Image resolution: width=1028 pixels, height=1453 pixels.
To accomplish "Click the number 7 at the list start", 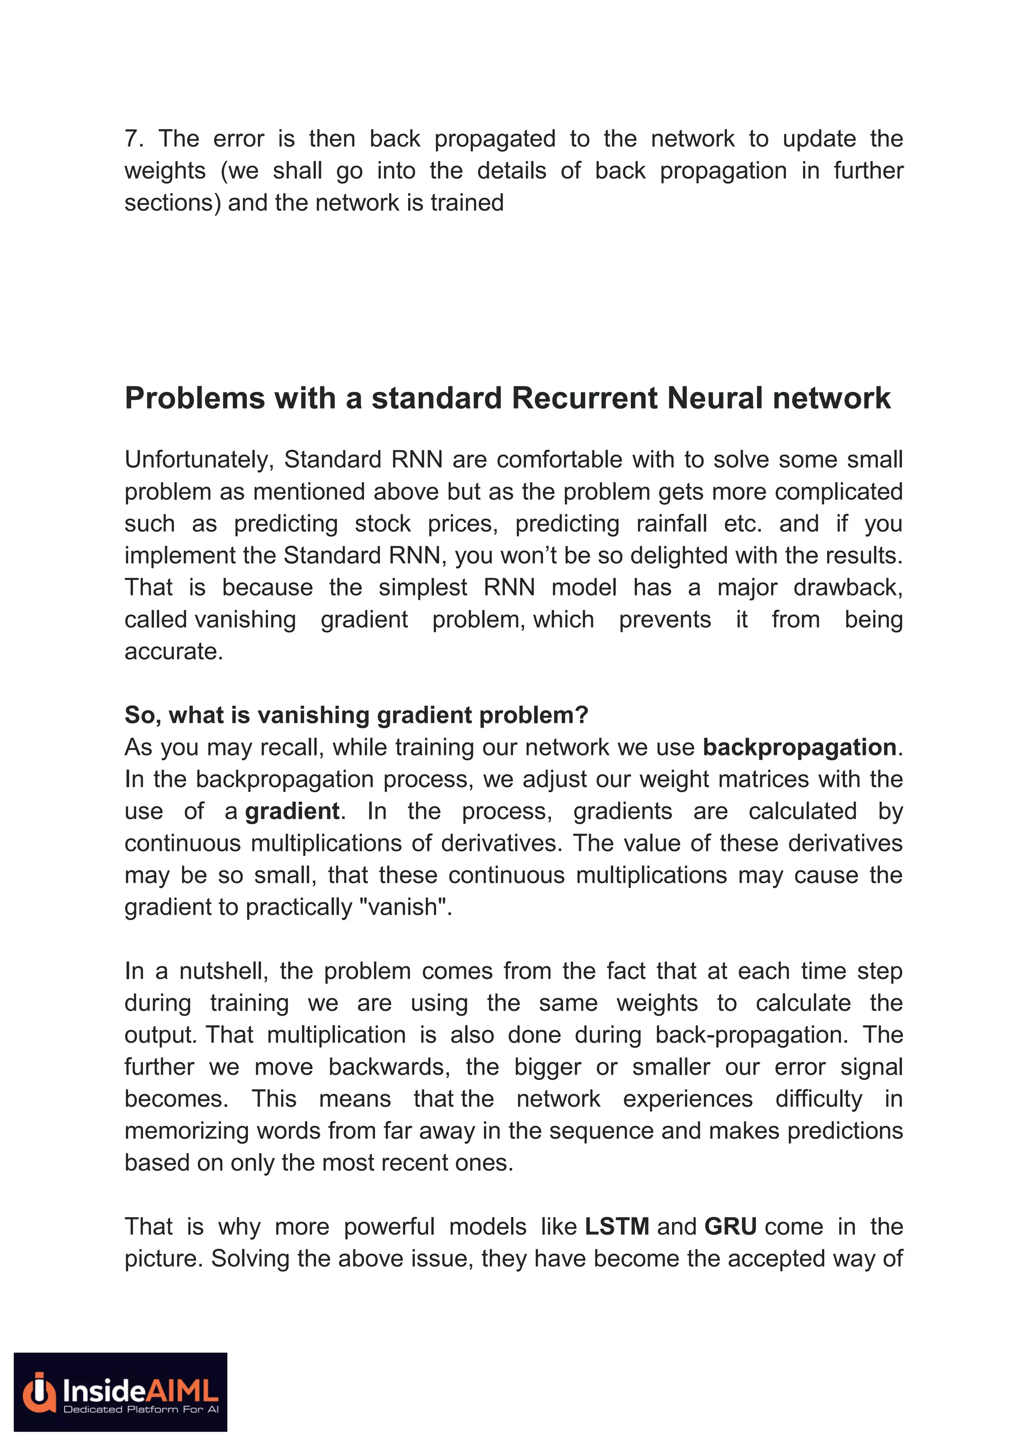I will click(131, 138).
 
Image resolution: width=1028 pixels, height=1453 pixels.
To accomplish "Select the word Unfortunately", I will click(199, 460).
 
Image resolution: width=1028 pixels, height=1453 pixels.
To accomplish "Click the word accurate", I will click(174, 652).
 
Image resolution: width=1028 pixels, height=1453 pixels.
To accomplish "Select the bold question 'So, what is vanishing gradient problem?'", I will click(356, 715).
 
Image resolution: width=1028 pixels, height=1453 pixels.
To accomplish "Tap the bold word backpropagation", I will click(799, 748).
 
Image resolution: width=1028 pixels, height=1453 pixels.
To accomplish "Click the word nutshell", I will click(223, 971).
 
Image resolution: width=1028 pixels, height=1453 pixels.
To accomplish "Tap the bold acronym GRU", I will click(730, 1226).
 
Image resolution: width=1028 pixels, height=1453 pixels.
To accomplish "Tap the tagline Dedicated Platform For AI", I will click(141, 1409).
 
